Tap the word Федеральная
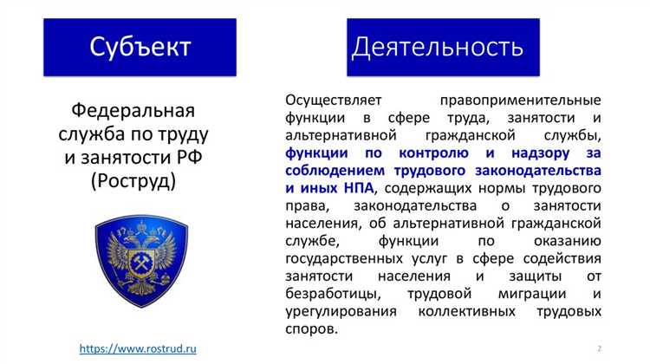pyautogui.click(x=133, y=113)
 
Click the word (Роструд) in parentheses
pyautogui.click(x=133, y=180)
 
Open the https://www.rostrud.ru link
pyautogui.click(x=138, y=348)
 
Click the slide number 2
pyautogui.click(x=599, y=348)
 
